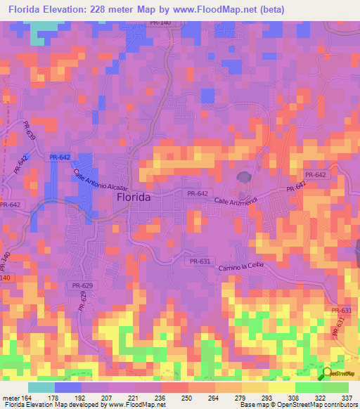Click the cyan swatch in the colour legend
41,387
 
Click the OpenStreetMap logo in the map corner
341,373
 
